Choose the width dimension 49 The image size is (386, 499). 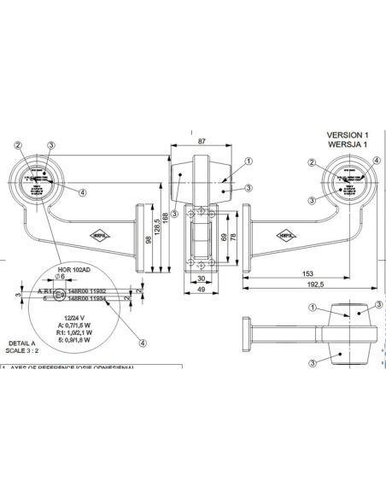pos(201,291)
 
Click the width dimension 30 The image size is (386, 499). pos(201,279)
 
